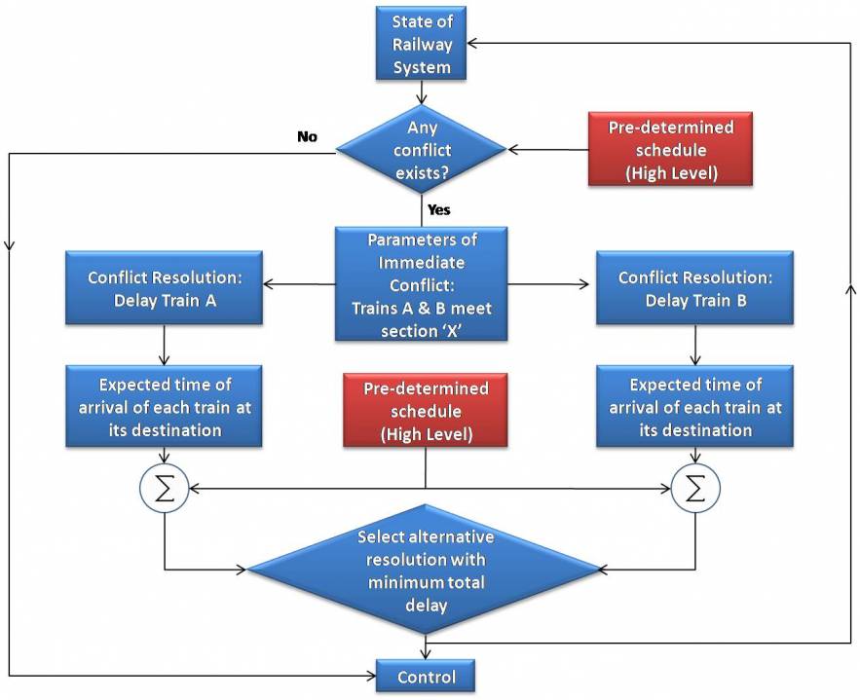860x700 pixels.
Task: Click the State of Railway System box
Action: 421,44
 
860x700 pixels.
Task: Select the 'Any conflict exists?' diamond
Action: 421,149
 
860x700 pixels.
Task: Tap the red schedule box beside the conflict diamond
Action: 670,149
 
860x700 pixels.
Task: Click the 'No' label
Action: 307,137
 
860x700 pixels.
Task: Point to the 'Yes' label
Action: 438,209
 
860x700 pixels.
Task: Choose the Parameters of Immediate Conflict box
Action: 422,283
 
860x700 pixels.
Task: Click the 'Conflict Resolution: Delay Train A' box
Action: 165,288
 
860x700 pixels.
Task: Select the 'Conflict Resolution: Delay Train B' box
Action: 694,288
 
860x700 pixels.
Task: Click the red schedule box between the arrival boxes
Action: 426,412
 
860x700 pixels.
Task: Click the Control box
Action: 426,677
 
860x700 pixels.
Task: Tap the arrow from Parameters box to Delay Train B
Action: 551,284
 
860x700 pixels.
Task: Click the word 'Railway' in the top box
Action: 421,44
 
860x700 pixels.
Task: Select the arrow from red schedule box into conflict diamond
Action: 547,150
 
